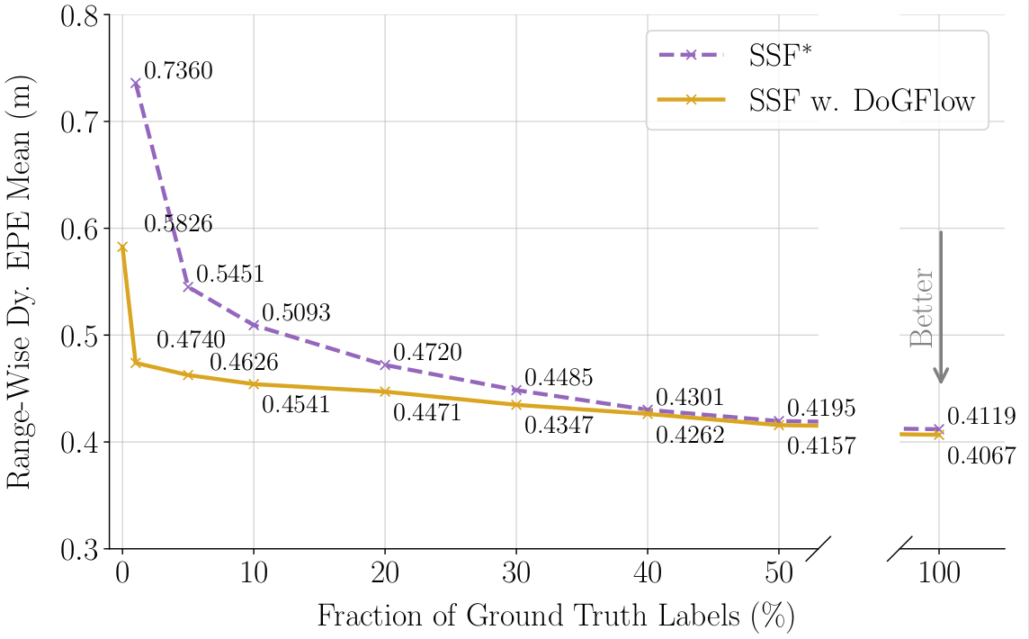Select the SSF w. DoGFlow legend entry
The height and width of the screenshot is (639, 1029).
tap(862, 100)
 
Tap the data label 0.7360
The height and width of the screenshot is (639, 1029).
tap(178, 70)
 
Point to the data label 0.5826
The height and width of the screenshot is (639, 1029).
tap(178, 224)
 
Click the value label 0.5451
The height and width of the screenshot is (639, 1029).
tap(231, 274)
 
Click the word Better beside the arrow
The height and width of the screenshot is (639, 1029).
tap(922, 307)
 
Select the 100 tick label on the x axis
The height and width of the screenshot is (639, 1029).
tap(939, 573)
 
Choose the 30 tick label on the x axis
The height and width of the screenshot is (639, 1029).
tap(516, 573)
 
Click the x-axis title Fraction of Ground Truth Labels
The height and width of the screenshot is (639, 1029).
tap(556, 616)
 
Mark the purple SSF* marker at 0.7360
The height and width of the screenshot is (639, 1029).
tap(136, 83)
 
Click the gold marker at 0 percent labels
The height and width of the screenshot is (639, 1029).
tap(122, 247)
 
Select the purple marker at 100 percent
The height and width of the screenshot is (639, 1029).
tap(939, 429)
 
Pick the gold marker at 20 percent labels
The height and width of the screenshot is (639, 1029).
tap(385, 391)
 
